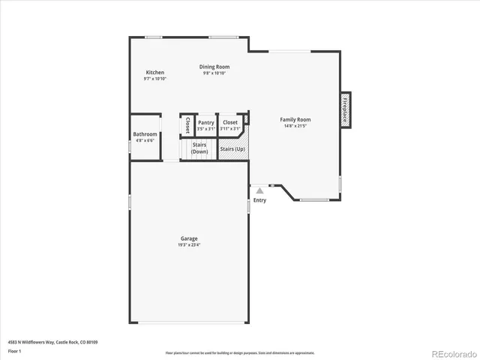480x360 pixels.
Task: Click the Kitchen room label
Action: point(155,73)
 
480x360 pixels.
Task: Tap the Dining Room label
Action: point(214,67)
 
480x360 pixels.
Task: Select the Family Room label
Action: point(295,119)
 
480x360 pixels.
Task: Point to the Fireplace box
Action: point(346,110)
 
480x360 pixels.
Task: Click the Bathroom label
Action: point(145,134)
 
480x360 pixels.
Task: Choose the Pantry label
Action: point(206,122)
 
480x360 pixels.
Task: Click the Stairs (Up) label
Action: point(232,149)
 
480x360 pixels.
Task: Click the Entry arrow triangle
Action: point(259,191)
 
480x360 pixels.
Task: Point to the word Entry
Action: point(259,200)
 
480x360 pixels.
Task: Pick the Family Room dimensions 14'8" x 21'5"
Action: point(295,125)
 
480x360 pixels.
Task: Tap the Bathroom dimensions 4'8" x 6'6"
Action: point(145,140)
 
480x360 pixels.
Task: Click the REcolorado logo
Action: point(450,352)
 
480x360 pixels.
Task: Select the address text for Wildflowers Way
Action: point(52,342)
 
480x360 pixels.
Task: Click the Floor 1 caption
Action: point(15,350)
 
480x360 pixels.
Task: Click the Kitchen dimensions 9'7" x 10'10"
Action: point(155,79)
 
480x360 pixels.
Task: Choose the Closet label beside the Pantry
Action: point(230,122)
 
